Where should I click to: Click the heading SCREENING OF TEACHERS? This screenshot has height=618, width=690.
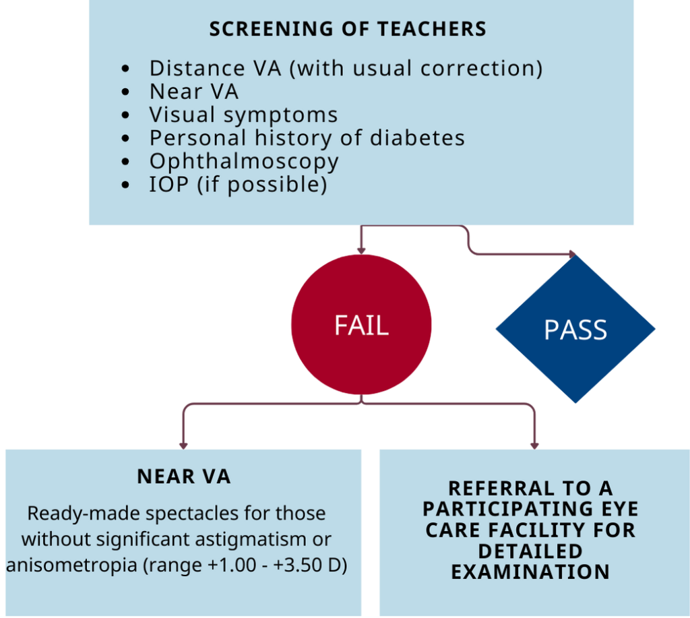(x=348, y=30)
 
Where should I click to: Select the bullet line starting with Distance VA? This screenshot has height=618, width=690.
(x=346, y=68)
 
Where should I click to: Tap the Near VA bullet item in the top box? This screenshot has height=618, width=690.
(x=193, y=91)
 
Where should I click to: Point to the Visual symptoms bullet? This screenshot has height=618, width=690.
(x=243, y=115)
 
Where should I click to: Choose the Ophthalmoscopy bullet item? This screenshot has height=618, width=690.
(x=243, y=161)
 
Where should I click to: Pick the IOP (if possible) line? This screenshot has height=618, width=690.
(x=238, y=184)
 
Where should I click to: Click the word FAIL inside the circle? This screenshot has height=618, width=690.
(x=361, y=326)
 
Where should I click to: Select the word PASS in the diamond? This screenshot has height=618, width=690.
(x=575, y=331)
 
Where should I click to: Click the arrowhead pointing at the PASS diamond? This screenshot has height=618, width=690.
(x=571, y=255)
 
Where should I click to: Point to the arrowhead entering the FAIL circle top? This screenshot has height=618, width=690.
(x=361, y=250)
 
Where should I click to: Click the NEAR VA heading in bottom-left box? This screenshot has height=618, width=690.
(x=183, y=477)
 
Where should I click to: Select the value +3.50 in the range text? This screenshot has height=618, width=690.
(x=300, y=565)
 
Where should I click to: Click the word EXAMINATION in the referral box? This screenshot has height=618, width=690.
(x=530, y=572)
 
